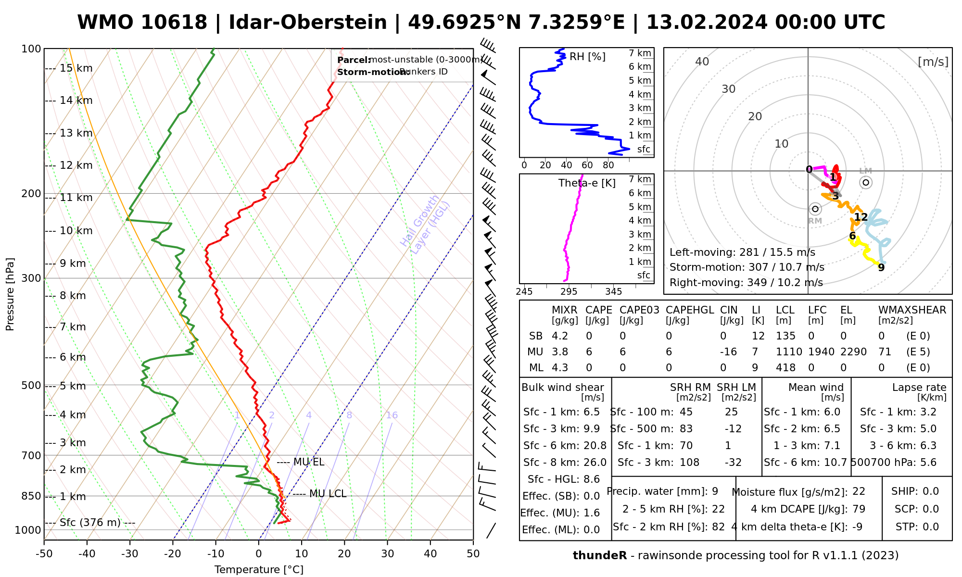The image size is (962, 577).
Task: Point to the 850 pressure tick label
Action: click(x=32, y=496)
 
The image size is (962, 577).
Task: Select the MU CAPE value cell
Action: click(x=589, y=352)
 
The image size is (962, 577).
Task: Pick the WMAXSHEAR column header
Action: click(x=912, y=310)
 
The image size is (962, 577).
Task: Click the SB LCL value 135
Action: click(x=785, y=336)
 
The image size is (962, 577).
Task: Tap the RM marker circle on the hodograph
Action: click(x=815, y=209)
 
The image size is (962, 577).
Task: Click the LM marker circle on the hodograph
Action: click(x=866, y=182)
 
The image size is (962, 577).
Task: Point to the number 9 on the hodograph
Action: click(x=881, y=268)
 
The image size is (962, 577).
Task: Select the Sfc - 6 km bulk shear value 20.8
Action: click(x=595, y=446)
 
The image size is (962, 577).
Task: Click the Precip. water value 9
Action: click(x=715, y=491)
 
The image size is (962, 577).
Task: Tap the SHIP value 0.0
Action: click(x=931, y=491)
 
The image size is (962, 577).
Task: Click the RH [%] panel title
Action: click(x=587, y=57)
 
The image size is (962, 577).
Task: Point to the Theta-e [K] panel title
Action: click(x=587, y=183)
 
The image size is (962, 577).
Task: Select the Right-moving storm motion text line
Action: click(x=746, y=283)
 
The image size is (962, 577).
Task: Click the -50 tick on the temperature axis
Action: click(x=44, y=554)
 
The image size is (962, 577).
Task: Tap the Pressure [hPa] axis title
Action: click(x=10, y=294)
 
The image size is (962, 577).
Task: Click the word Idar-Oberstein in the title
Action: click(x=308, y=23)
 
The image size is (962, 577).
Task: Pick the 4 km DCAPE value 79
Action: click(x=859, y=509)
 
